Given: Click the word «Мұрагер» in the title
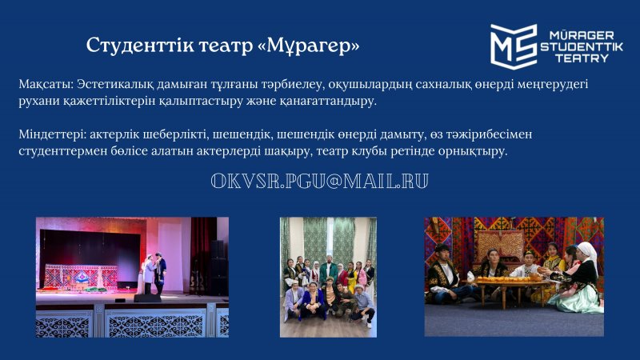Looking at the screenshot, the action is pos(309,46).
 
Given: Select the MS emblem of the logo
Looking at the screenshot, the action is pos(514,46).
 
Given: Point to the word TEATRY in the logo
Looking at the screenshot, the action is pos(582,58).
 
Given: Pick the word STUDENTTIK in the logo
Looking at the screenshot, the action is pos(582,46).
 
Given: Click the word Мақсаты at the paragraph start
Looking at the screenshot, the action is pos(46,85).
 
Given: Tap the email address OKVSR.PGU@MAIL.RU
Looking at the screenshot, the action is pos(319,182).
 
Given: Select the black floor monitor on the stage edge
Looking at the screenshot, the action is pos(147,298).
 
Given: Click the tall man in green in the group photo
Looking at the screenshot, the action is pos(329,269).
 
